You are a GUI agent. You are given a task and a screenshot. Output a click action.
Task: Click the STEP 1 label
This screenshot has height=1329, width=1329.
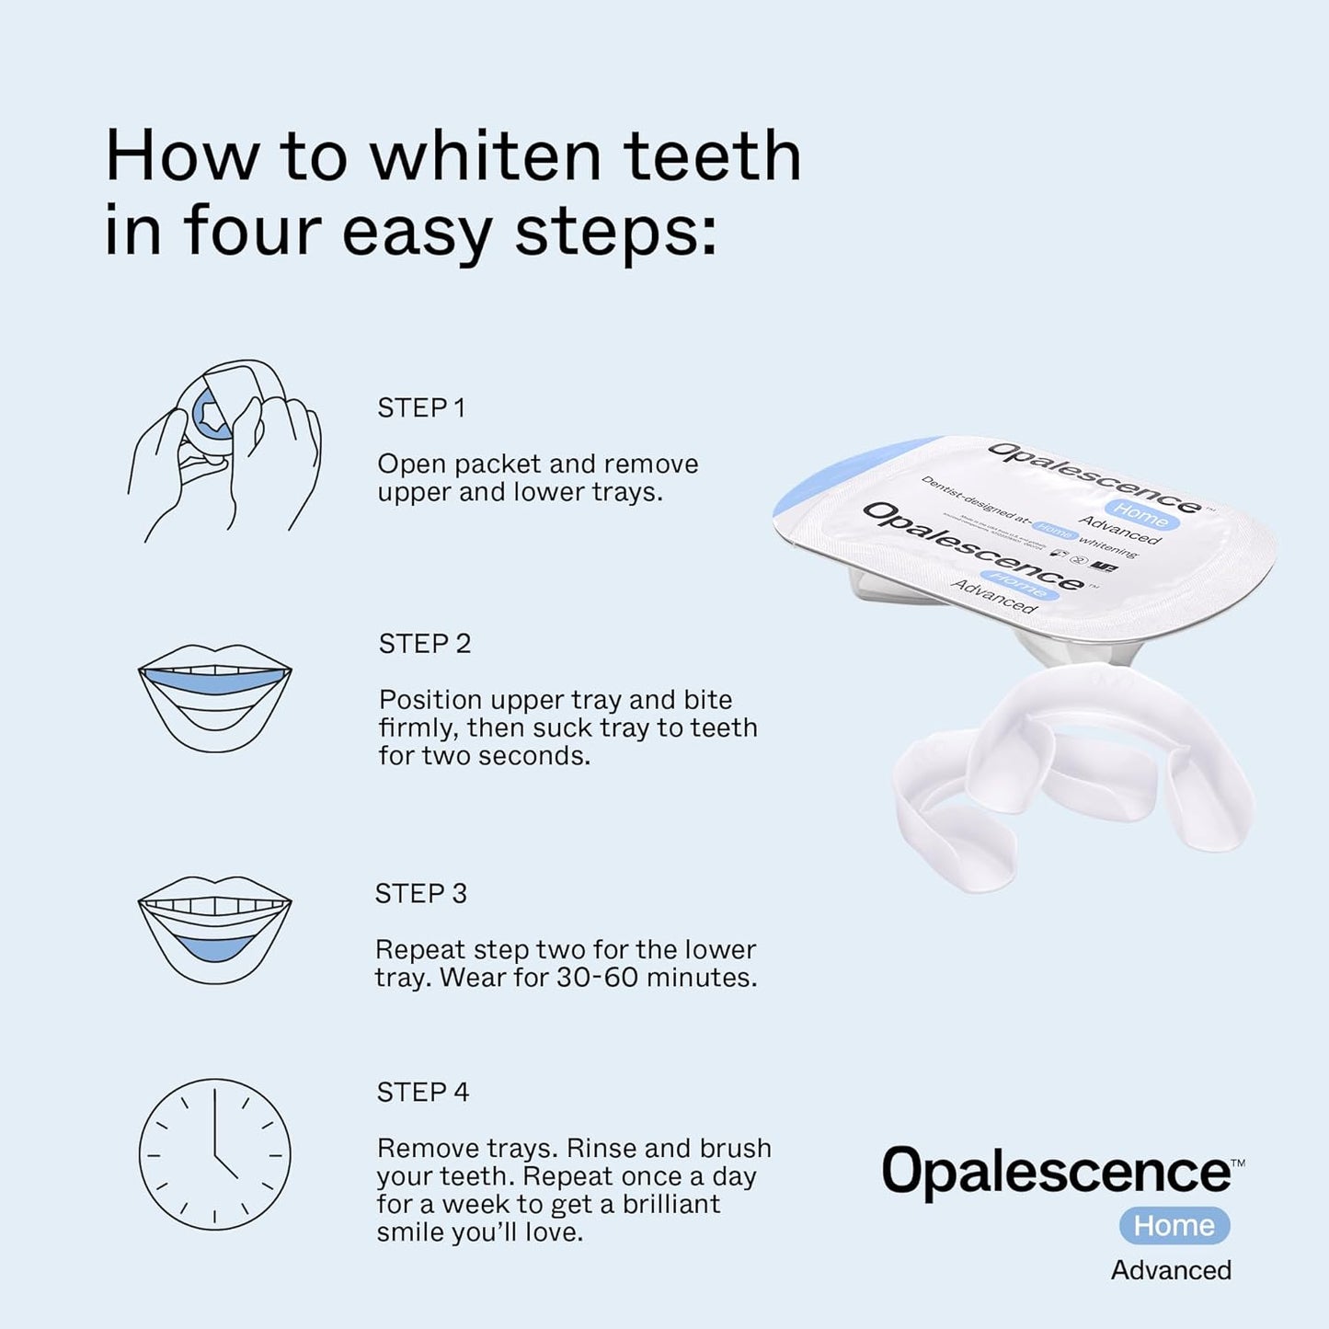[421, 408]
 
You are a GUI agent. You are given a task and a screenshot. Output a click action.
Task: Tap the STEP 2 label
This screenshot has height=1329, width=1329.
[424, 644]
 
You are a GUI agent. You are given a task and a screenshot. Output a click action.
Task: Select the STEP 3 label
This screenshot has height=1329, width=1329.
[420, 894]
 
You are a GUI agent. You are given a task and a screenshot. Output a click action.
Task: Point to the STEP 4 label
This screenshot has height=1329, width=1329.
[422, 1093]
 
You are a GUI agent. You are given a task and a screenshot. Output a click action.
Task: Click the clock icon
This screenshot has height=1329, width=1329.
[214, 1154]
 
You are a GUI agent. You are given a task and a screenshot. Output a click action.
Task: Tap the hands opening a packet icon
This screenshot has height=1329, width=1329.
[223, 448]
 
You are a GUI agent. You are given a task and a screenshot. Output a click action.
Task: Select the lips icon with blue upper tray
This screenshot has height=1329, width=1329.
[214, 697]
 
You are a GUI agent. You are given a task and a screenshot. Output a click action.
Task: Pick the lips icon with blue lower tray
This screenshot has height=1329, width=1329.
[214, 929]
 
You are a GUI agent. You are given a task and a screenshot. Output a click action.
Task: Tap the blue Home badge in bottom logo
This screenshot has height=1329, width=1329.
[1174, 1226]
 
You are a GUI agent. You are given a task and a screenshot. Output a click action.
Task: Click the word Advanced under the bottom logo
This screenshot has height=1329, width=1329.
[1170, 1270]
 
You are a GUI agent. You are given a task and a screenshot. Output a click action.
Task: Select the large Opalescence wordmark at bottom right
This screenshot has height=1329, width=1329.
[1057, 1172]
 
